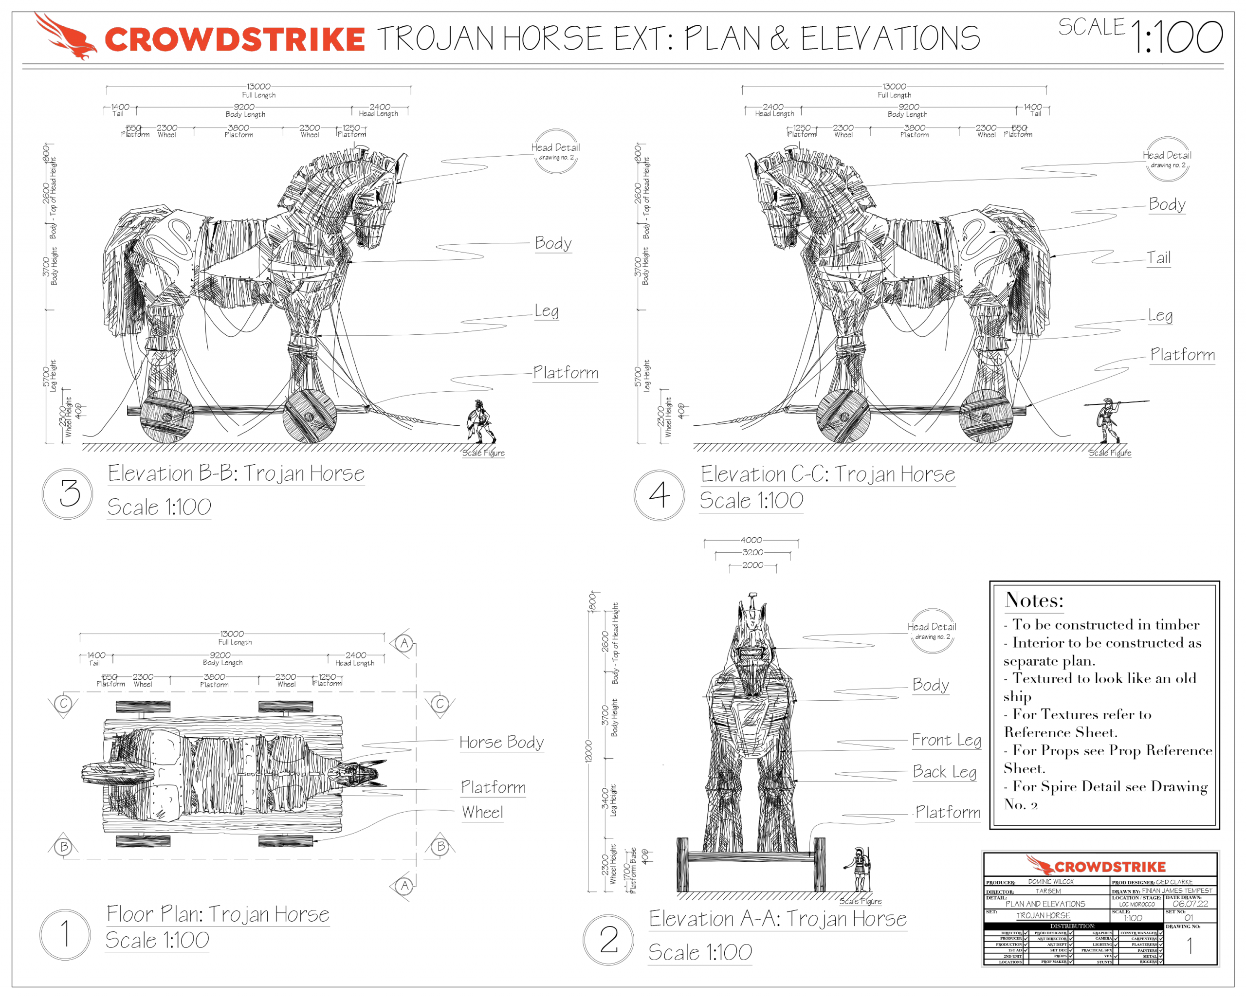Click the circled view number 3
[x=68, y=494]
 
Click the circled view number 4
[x=660, y=495]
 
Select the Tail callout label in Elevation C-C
[x=1159, y=258]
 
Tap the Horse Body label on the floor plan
[x=501, y=742]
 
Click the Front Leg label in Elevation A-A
[x=946, y=740]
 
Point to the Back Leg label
[x=944, y=772]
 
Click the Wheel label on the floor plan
[x=482, y=812]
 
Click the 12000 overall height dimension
[x=589, y=751]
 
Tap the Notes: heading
[x=1034, y=600]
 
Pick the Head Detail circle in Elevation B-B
[x=555, y=151]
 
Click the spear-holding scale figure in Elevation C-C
[x=1107, y=419]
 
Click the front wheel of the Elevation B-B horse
[x=310, y=417]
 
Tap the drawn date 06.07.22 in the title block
[x=1190, y=904]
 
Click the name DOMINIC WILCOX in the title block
[x=1051, y=882]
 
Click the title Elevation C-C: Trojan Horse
[x=827, y=474]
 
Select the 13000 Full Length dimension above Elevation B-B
[x=258, y=87]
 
